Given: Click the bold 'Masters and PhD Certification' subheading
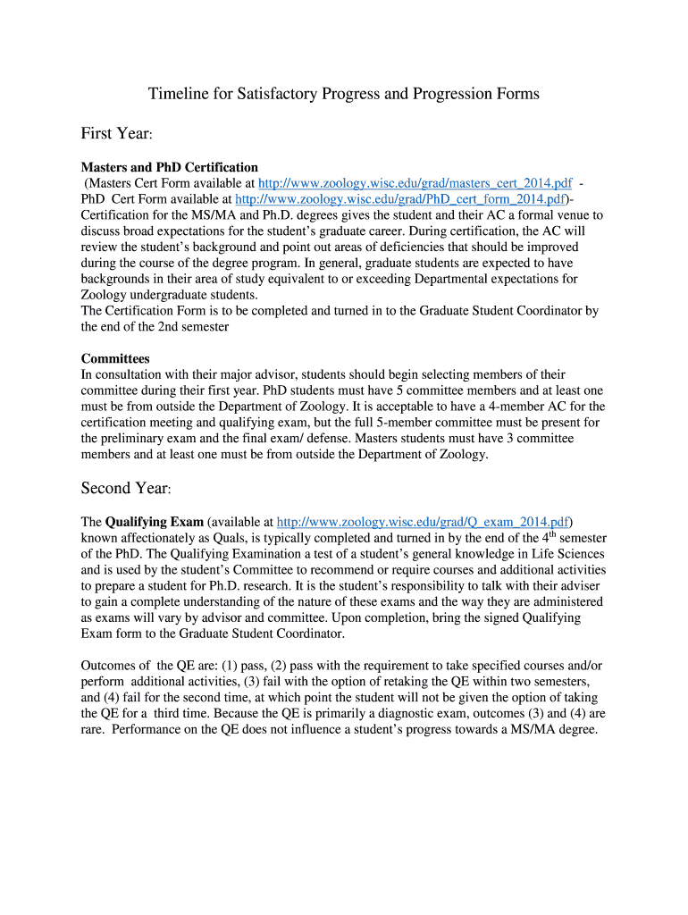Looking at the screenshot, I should [170, 167].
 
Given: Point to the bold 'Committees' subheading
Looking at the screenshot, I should [115, 358].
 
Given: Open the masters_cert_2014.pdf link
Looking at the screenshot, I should [415, 183].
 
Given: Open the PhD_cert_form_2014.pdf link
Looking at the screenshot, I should [399, 199].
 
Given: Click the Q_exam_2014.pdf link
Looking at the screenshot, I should [424, 521].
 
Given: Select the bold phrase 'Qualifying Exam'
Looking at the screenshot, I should [154, 521].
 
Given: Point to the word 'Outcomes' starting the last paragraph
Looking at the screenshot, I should [109, 666].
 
